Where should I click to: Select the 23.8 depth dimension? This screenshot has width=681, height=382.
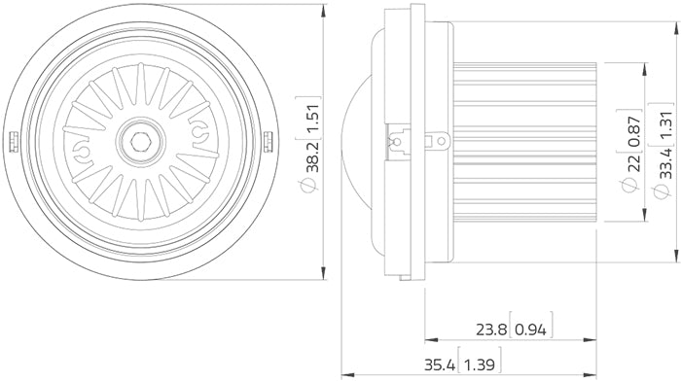tap(490, 330)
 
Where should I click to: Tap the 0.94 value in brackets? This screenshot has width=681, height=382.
tap(531, 330)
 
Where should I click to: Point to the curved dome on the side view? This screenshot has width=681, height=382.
tap(357, 142)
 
